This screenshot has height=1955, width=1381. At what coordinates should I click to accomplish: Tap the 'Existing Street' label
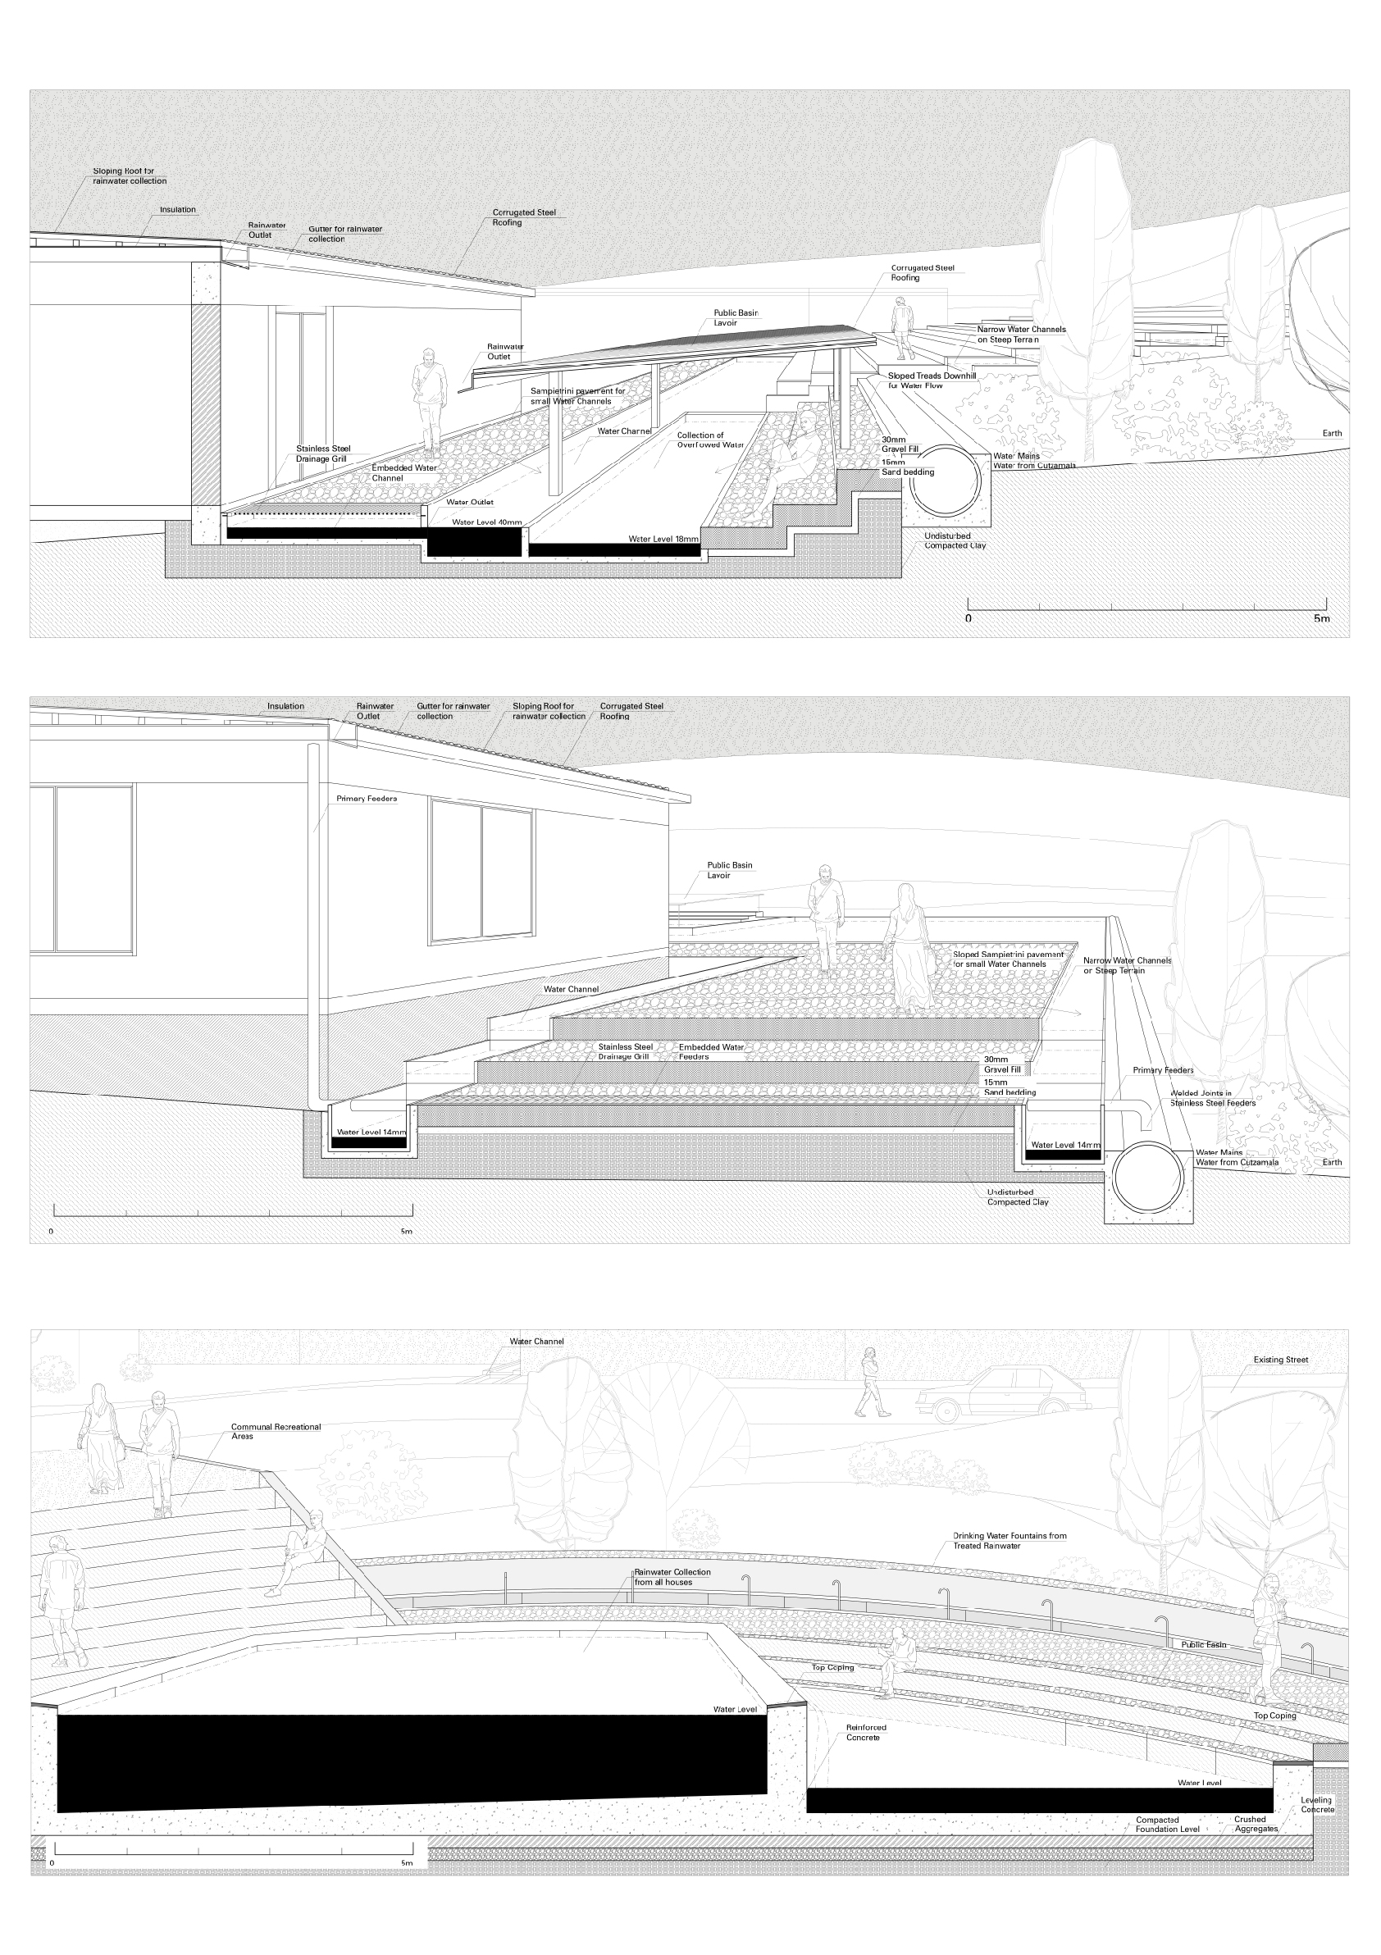(1279, 1360)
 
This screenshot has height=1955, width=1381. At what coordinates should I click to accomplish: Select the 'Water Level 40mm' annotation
(486, 522)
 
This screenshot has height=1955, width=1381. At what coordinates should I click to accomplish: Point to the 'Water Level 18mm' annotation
(663, 539)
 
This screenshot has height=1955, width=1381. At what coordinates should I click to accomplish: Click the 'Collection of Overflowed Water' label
(710, 440)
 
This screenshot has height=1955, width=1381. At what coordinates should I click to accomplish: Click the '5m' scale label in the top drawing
(1320, 618)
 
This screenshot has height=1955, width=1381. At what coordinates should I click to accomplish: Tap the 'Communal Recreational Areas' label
(276, 1431)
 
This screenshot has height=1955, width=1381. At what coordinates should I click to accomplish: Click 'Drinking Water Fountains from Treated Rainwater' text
(1009, 1540)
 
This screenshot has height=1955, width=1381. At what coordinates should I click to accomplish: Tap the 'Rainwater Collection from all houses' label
(672, 1577)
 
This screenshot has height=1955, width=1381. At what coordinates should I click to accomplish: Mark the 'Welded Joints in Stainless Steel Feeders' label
(1211, 1097)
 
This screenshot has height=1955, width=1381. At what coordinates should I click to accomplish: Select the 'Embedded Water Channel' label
(403, 472)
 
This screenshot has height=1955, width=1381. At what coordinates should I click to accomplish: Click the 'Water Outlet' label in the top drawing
(469, 502)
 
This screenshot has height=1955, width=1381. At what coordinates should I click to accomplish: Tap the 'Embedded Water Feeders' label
(710, 1051)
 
